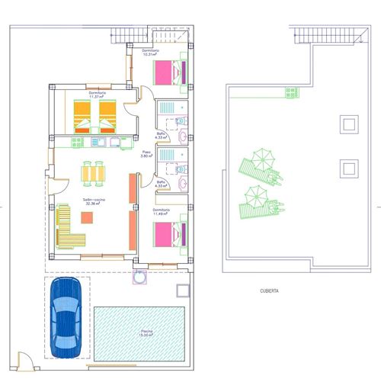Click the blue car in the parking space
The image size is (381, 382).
pos(67,316)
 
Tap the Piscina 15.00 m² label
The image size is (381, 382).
pos(146,332)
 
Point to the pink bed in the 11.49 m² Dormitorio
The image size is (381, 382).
pos(170,233)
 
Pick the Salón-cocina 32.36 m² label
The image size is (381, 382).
pos(95,201)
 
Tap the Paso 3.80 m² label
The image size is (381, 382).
pos(147,153)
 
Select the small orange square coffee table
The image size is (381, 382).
pos(87,217)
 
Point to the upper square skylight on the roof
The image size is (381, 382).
pos(349,124)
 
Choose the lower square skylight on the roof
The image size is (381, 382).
pos(349,167)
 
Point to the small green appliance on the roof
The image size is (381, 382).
pos(292,92)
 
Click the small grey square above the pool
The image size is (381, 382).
pos(181,291)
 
